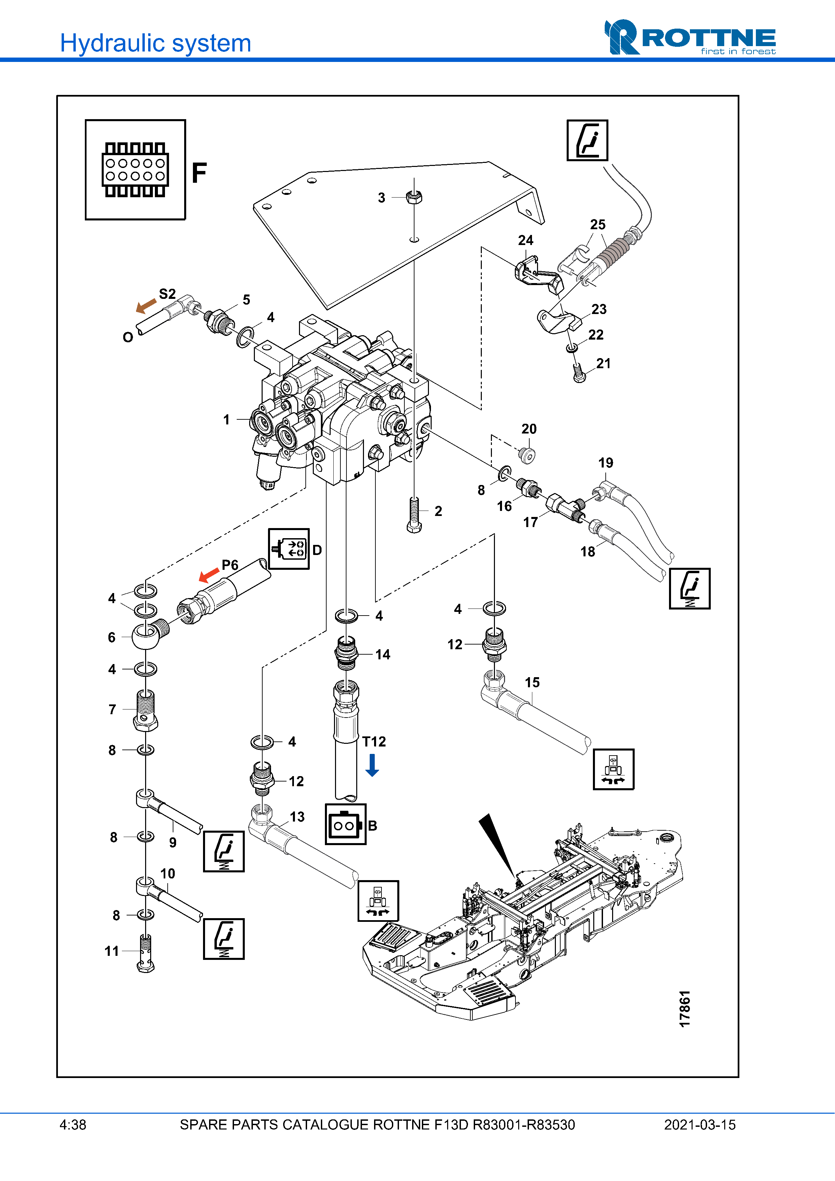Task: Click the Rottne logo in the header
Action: point(690,38)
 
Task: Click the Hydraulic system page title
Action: point(155,43)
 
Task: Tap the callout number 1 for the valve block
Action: point(226,420)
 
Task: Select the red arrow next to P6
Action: point(209,575)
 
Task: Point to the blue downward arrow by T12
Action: point(372,765)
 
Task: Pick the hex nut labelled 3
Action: point(414,197)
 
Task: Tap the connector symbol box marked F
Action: point(135,170)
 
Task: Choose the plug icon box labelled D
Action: point(289,549)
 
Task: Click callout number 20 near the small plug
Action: point(529,429)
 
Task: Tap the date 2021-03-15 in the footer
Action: point(699,1125)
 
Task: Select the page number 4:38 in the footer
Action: point(73,1125)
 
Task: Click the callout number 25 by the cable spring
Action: point(597,225)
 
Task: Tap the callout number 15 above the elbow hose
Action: point(532,683)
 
